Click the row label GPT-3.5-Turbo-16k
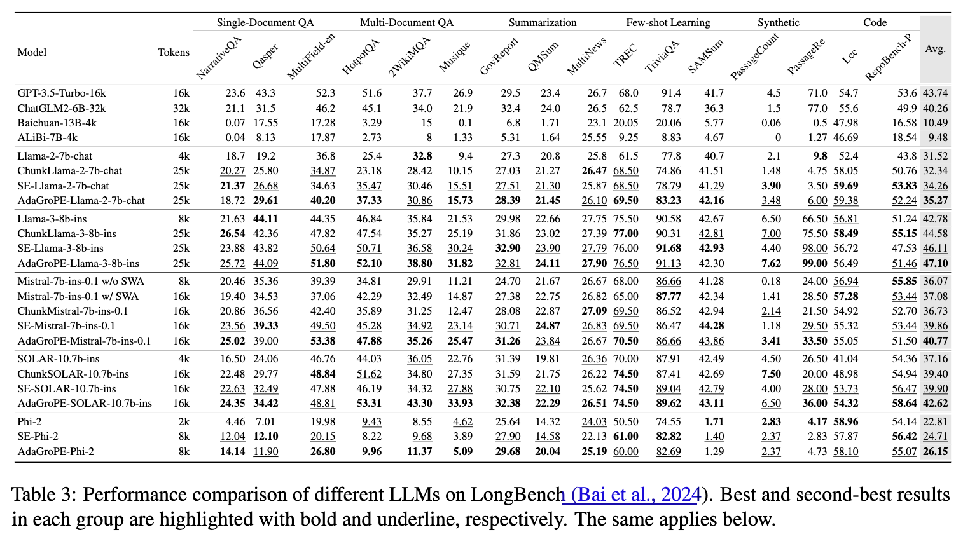pos(62,93)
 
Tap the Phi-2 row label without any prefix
pos(29,422)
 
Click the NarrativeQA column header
pos(219,58)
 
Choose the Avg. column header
pos(936,49)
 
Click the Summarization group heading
pos(543,23)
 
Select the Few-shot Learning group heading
pos(668,23)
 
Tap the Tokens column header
pos(174,52)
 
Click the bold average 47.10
pos(936,263)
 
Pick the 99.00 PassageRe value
pos(815,263)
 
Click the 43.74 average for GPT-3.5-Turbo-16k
pos(936,93)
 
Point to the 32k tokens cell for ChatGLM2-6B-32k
pos(181,108)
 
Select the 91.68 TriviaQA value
pos(669,249)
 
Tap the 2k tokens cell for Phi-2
pos(184,422)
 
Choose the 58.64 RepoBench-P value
pos(904,403)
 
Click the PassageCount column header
pos(755,57)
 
